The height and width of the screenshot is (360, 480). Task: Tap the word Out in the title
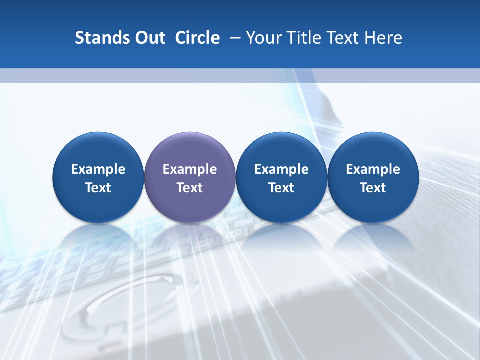(148, 38)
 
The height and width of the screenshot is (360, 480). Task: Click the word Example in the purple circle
(190, 169)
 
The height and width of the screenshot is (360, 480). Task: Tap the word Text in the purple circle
(190, 188)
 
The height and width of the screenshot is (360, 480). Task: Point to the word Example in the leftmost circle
(98, 169)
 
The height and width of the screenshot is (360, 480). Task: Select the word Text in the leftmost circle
(98, 188)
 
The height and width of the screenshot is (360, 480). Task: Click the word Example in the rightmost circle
(373, 169)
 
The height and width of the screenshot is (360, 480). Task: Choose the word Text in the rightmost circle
(373, 188)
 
